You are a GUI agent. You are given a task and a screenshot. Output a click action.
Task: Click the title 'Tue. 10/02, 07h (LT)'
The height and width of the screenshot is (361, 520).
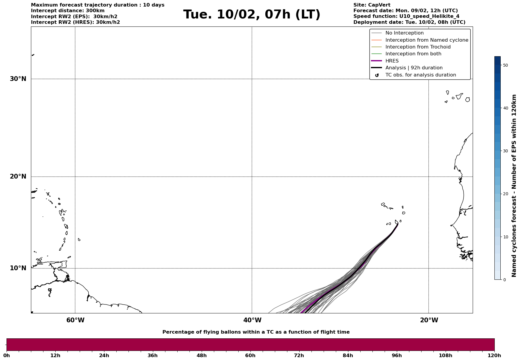coord(252,15)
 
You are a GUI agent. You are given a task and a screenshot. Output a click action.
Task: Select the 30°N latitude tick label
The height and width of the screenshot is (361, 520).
coord(18,79)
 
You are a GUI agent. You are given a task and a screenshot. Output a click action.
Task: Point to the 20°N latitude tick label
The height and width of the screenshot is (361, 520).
coord(18,176)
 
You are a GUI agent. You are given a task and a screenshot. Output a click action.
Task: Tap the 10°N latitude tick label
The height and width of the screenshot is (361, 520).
coord(18,268)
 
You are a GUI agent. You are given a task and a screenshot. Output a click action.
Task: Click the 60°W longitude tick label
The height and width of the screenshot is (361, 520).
coord(75,320)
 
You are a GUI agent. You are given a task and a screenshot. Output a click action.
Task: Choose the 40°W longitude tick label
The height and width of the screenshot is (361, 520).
coord(252,320)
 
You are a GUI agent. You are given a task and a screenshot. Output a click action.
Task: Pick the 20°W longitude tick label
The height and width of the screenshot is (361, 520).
coord(429,320)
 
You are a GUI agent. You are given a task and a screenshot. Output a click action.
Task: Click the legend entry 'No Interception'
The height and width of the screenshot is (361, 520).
coord(404,33)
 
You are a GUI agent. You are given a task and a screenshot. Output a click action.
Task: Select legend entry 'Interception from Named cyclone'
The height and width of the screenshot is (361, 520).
coord(427,40)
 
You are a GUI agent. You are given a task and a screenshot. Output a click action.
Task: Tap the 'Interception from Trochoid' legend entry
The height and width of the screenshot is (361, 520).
coord(418,47)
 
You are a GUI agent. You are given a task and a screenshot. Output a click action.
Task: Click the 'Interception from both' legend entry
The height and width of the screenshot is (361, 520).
coord(413,54)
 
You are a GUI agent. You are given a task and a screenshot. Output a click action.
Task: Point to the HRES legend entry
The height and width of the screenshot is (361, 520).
coord(392,61)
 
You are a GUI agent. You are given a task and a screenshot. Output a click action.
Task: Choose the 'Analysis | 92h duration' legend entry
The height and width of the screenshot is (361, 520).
coord(414,68)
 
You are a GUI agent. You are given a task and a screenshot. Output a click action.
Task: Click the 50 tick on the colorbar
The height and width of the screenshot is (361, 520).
coord(505,65)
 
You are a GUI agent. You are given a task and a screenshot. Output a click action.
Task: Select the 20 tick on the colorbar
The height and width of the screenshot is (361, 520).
coord(505,194)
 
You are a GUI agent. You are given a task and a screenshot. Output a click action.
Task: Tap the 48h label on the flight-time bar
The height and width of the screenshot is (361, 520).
coord(201,356)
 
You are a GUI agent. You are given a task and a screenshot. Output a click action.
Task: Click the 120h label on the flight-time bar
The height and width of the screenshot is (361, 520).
coord(494,356)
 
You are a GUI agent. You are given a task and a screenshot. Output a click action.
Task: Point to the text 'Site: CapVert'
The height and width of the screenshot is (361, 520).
coord(372,5)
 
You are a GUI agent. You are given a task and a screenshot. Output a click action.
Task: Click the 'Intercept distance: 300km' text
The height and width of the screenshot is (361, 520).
coord(68,11)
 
